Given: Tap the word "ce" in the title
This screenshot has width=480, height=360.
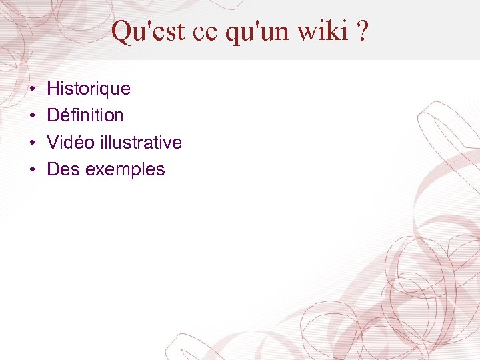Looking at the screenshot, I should click(207, 31).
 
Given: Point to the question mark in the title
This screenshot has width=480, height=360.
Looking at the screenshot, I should click(361, 31).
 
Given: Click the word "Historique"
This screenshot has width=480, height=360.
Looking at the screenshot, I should click(89, 89).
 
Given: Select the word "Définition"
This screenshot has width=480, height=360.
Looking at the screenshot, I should click(85, 115).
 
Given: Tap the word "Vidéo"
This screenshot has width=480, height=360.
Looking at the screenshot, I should click(71, 143).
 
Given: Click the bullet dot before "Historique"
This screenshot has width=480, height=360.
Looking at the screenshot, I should click(32, 89).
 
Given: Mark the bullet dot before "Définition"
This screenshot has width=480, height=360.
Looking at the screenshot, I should click(32, 116).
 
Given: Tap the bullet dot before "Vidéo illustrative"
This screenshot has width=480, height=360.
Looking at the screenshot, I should click(32, 143).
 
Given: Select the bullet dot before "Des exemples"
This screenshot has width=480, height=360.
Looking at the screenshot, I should click(32, 170).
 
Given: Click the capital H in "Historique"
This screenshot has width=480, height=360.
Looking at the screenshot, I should click(53, 89).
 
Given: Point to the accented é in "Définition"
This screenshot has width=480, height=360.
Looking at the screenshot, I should click(64, 115).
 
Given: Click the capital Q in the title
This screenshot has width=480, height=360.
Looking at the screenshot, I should click(121, 31).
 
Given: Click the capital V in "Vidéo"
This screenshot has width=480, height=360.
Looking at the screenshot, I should click(53, 143).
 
